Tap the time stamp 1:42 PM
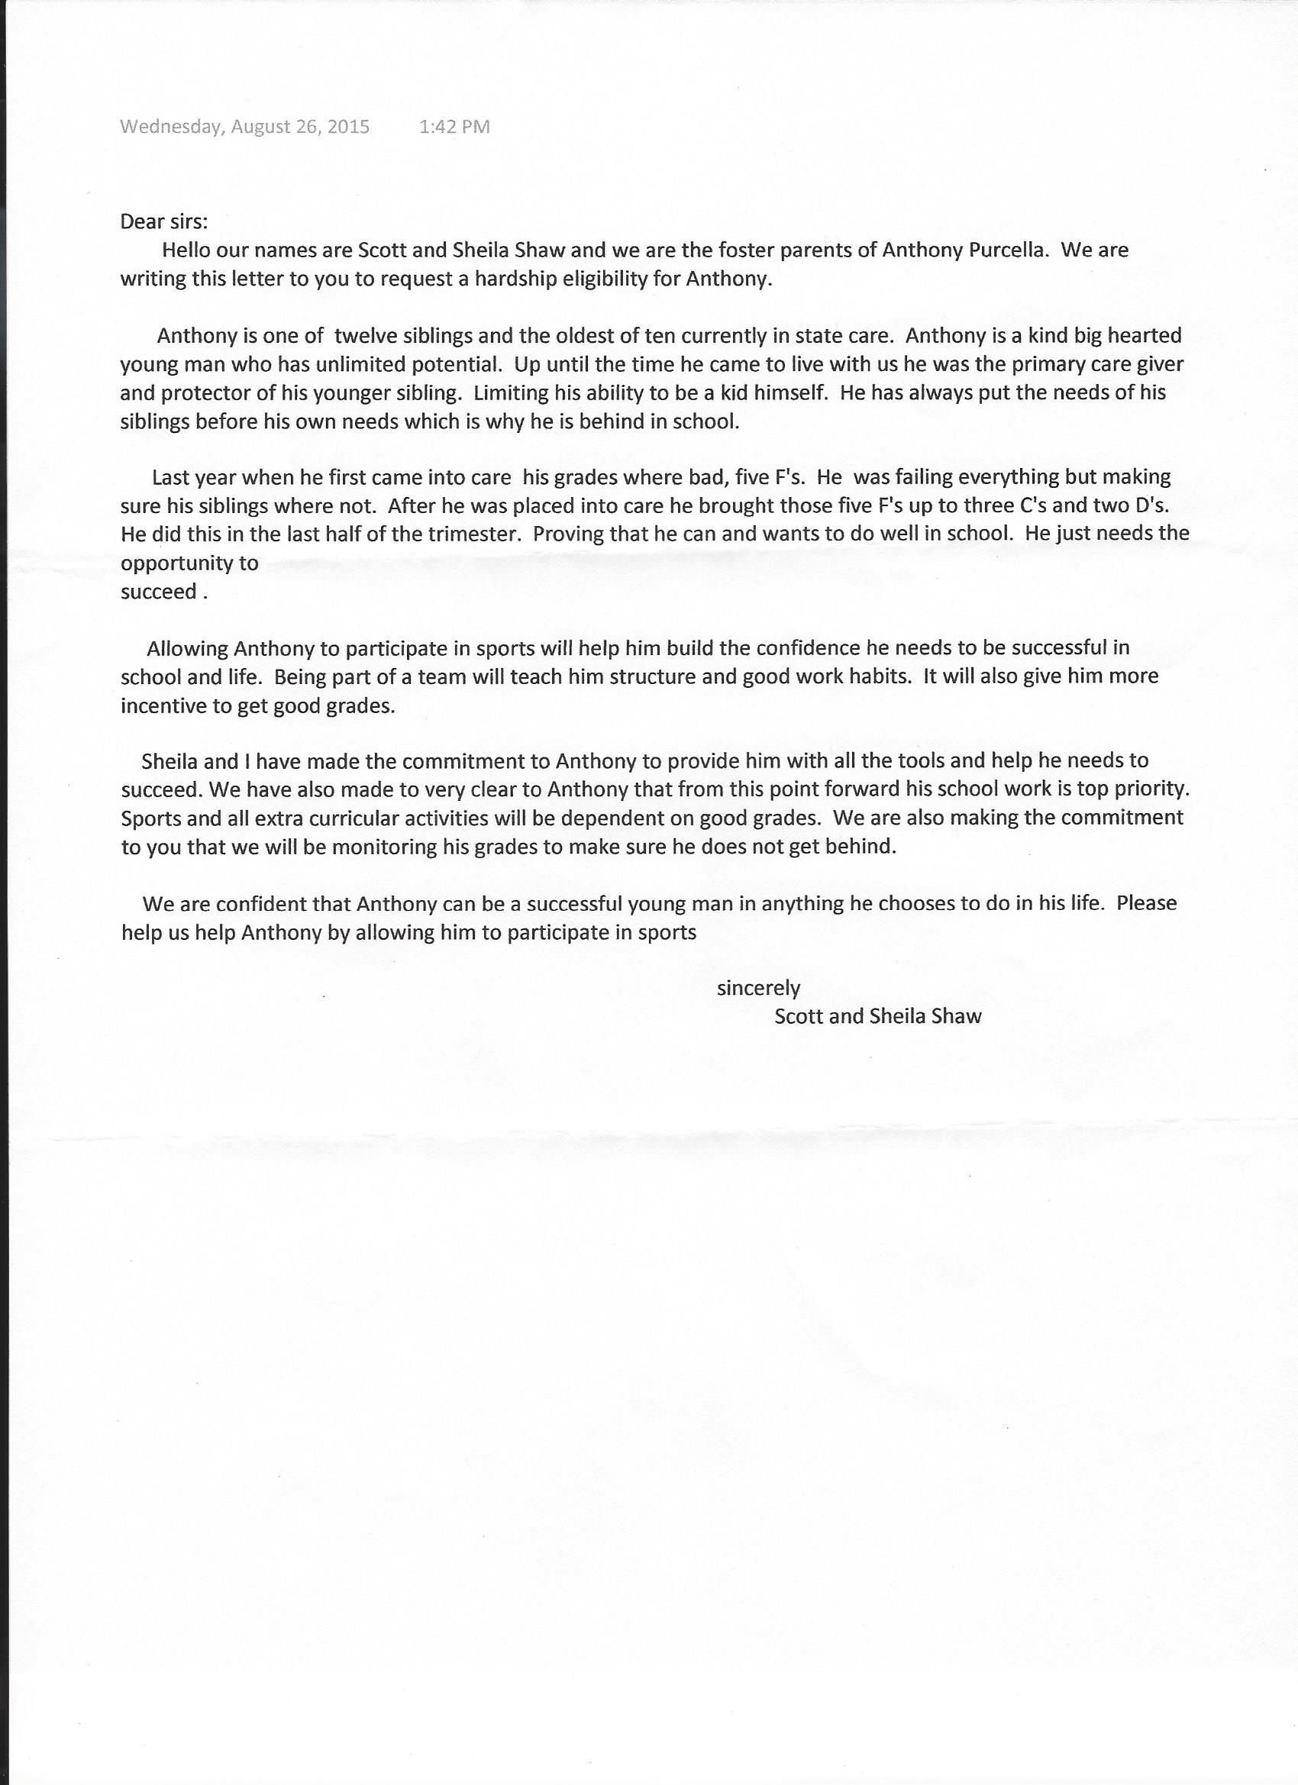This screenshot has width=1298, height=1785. coord(454,127)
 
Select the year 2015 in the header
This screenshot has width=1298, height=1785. coord(348,127)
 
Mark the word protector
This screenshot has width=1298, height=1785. coord(202,392)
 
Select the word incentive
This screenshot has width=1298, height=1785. coord(161,705)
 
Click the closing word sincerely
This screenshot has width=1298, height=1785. coord(758,989)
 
